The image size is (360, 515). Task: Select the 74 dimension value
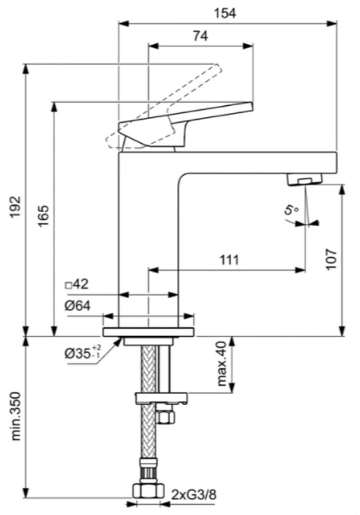coord(200,38)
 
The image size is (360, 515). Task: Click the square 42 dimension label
coord(77,284)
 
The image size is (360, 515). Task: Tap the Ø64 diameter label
coord(78,306)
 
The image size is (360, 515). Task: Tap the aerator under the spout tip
coord(303,180)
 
